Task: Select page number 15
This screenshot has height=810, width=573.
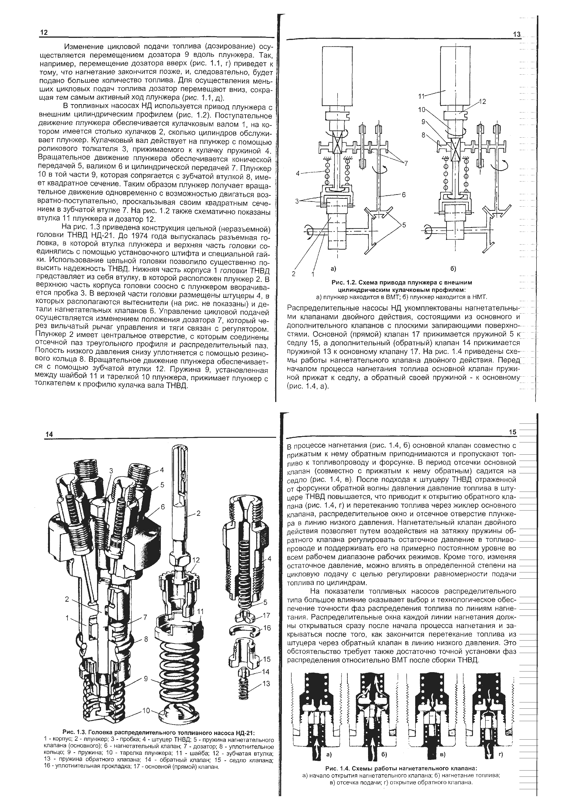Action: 513,432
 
